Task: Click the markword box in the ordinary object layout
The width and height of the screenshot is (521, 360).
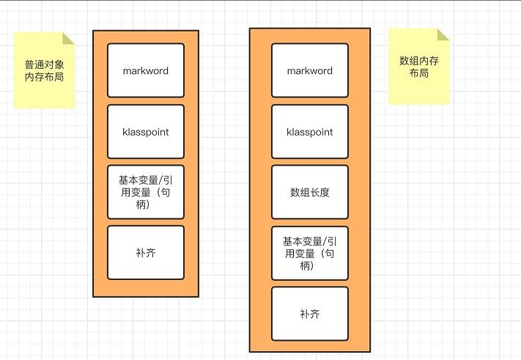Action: (x=145, y=70)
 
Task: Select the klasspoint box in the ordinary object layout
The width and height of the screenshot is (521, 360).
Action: (x=145, y=132)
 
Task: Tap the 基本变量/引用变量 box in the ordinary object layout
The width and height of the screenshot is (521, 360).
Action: (x=145, y=192)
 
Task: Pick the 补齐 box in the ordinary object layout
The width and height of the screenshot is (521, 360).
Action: (x=145, y=252)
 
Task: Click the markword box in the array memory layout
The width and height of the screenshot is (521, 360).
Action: (x=309, y=70)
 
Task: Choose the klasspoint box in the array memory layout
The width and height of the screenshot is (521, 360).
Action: (x=309, y=132)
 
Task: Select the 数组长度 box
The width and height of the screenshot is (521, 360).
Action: (x=309, y=193)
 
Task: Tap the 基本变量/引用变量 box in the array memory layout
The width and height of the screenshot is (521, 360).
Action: (x=309, y=253)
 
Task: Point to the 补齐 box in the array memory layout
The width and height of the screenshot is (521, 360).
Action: (x=309, y=313)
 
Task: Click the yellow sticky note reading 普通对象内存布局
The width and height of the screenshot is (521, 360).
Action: (x=44, y=71)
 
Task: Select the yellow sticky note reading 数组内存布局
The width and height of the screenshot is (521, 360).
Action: (x=418, y=66)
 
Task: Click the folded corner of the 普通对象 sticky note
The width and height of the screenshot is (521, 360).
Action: (x=69, y=38)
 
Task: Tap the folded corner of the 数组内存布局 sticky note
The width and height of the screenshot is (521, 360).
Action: (x=443, y=34)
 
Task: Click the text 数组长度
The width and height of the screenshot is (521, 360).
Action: (x=309, y=193)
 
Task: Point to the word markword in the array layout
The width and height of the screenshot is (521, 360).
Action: (x=309, y=71)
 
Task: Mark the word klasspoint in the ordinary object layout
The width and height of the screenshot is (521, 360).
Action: (x=145, y=133)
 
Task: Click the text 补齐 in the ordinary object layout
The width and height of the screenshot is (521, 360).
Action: (x=145, y=253)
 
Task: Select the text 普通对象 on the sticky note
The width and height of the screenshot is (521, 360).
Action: (x=44, y=64)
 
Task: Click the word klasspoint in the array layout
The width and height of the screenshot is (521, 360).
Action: (x=309, y=133)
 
